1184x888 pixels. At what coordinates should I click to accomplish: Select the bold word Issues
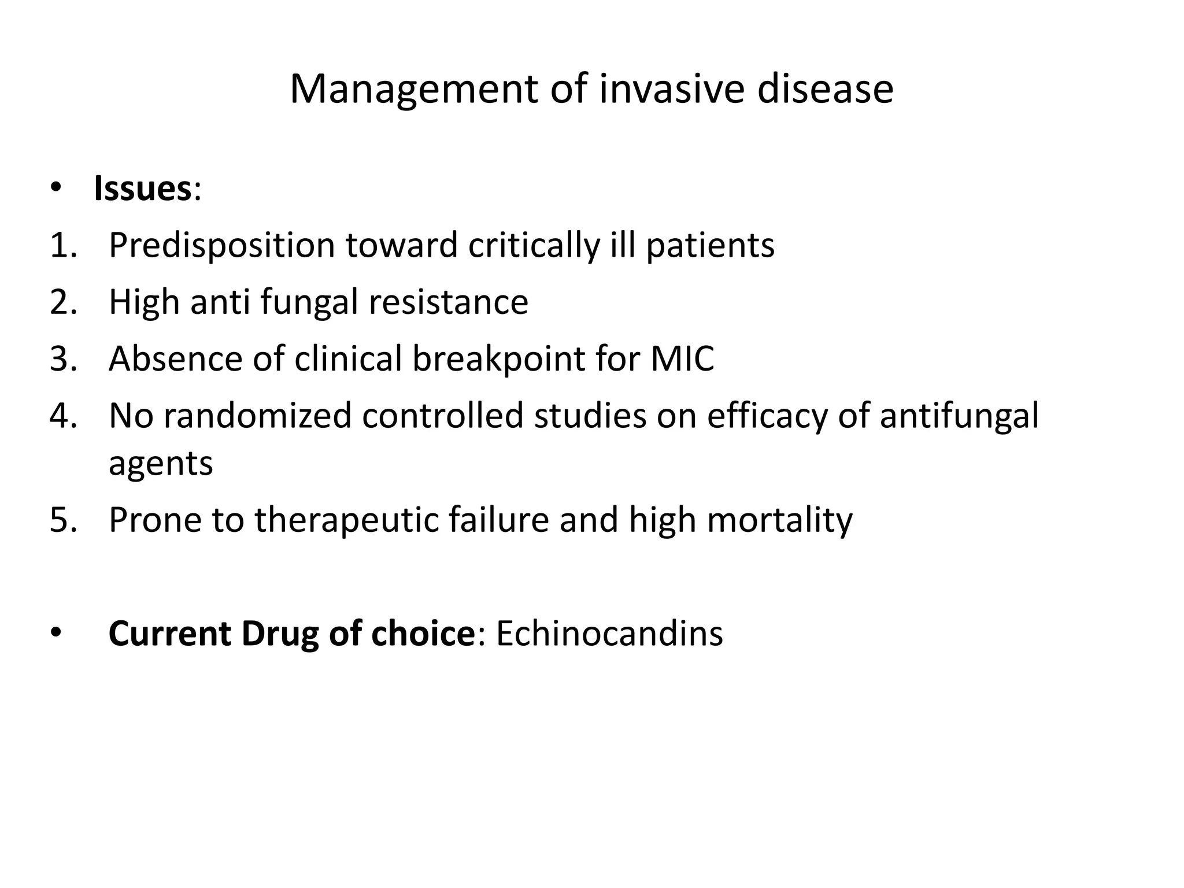(x=142, y=188)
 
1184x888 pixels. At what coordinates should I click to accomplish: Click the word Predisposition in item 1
(x=221, y=245)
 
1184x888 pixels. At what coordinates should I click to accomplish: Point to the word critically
(x=534, y=245)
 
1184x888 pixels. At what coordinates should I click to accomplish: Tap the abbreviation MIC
(x=682, y=358)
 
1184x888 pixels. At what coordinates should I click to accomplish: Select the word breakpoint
(x=499, y=358)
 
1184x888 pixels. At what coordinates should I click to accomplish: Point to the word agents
(x=161, y=462)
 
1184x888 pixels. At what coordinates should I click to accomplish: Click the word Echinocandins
(x=609, y=634)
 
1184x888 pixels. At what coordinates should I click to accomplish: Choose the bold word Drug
(x=280, y=634)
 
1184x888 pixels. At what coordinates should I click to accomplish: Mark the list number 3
(x=63, y=358)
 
